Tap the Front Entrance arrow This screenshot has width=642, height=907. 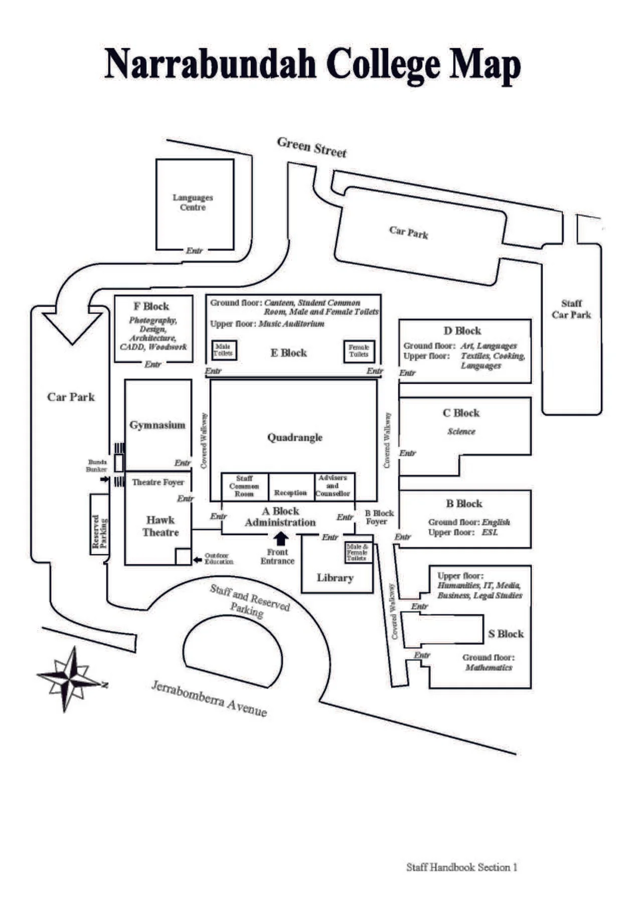[281, 539]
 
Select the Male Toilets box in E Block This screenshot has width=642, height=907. [224, 350]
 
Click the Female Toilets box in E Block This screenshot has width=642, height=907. [359, 351]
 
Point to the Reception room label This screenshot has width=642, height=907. [290, 493]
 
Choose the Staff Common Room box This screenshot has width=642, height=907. [245, 486]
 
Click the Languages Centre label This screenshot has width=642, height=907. [193, 202]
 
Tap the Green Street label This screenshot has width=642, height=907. [311, 147]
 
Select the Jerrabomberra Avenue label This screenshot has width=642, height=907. [209, 699]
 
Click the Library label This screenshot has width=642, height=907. [335, 578]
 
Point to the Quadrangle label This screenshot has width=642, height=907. [294, 437]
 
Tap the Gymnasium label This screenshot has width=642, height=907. [157, 425]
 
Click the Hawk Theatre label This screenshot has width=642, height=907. [160, 526]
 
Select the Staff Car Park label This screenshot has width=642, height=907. [571, 309]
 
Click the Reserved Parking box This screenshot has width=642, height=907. [100, 524]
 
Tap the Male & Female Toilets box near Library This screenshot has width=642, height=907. [358, 552]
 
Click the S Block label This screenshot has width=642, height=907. [506, 634]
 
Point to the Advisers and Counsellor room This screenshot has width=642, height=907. [334, 486]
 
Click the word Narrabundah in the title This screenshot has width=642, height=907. [210, 64]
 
